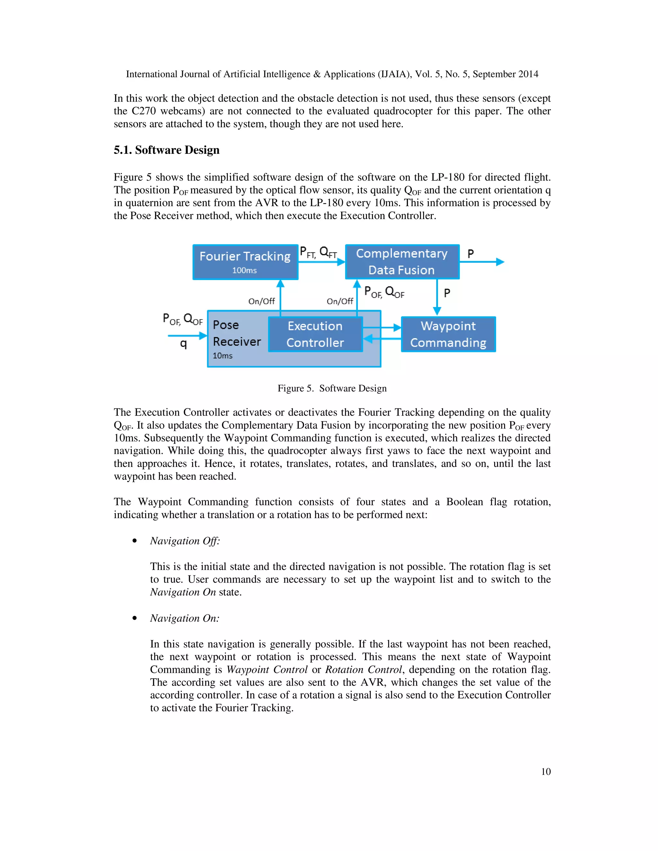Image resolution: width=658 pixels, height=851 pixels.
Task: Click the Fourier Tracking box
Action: point(245,262)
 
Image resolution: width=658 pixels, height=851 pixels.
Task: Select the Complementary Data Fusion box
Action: point(402,261)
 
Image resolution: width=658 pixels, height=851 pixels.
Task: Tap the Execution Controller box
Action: point(315,334)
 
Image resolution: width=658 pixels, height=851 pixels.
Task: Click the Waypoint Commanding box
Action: point(448,334)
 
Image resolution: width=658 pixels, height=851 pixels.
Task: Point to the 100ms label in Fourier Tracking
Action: point(245,270)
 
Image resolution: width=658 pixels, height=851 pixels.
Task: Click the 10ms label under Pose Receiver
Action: point(222,356)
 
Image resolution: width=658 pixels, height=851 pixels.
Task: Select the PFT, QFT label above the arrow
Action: point(318,252)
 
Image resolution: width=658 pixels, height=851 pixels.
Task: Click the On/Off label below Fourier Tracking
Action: point(262,301)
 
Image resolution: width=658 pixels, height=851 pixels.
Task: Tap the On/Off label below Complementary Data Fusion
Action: point(340,301)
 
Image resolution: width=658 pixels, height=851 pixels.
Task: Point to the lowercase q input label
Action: point(183,344)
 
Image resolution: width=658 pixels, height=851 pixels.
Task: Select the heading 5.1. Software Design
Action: point(166,150)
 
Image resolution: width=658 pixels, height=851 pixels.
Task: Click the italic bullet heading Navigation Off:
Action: point(185,541)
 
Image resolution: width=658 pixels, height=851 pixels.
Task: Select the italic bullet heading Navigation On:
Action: point(184,619)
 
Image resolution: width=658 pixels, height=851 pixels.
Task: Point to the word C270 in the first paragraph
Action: point(143,111)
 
